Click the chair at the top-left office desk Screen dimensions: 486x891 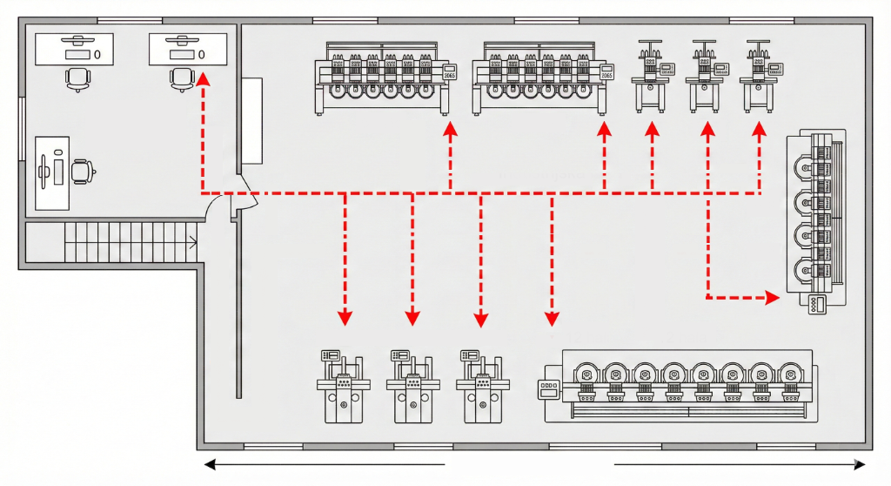coord(77,79)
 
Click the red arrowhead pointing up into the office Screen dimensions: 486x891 coord(203,79)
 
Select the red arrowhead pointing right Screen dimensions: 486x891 coord(772,299)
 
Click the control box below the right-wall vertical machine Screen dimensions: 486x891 coord(817,305)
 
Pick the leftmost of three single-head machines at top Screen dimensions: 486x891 coord(652,77)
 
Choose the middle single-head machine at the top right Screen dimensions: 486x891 coord(706,77)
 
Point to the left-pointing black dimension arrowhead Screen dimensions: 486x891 coord(209,465)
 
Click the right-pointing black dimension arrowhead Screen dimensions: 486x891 coord(859,465)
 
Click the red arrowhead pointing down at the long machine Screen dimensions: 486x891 coord(551,319)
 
